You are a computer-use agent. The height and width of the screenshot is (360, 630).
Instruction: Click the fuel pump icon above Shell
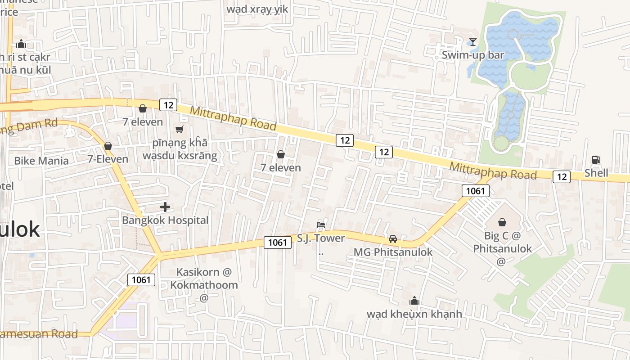coord(596,160)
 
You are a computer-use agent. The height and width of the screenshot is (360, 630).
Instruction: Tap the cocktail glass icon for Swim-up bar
coord(472,42)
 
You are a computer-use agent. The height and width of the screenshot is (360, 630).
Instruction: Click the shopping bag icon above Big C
coord(502,222)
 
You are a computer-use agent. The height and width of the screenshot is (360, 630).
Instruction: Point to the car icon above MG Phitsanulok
coord(393,239)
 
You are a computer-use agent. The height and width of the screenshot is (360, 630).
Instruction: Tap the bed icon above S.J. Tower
coord(321,225)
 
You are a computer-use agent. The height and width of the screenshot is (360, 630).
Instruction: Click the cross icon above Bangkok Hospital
coord(165,207)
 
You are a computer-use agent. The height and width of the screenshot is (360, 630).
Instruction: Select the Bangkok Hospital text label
coord(165,220)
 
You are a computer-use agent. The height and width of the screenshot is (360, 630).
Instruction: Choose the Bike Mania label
coord(41,161)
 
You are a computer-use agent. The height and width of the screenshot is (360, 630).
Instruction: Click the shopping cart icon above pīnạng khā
coord(180,130)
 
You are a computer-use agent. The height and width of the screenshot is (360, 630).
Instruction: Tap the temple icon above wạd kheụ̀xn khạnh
coord(414,301)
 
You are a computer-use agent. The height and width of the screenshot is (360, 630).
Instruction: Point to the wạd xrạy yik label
coord(257,9)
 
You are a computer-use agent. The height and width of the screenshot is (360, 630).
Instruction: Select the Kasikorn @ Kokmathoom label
coord(204,279)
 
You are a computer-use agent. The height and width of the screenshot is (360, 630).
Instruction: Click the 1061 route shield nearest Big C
coord(475,191)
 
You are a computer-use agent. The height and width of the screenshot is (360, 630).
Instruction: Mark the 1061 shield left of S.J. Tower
coord(277,243)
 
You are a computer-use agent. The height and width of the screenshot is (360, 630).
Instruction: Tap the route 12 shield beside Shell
coord(562,177)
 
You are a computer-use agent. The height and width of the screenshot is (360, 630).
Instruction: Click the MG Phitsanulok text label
coord(393,252)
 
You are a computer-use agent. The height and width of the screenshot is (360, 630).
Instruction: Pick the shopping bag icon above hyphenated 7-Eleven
coord(108,146)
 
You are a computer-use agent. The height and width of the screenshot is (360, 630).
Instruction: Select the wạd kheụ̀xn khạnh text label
coord(414,314)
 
